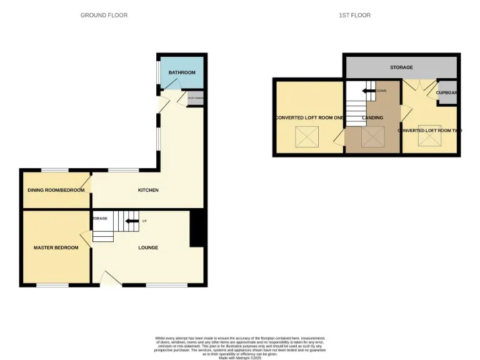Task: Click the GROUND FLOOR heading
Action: pos(104,15)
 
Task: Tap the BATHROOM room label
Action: pos(182,72)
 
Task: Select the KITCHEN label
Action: pos(149,190)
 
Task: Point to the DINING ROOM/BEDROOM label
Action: pos(56,190)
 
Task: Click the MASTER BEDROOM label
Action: pos(56,247)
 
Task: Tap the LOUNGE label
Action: pos(148,247)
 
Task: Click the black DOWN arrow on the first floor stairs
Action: pos(369,91)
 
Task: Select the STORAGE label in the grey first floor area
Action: pos(401,66)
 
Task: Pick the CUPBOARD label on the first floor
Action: pos(447,92)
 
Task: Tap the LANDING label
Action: pos(372,117)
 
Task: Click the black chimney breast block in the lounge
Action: pos(197,229)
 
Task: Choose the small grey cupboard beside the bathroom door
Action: pos(195,98)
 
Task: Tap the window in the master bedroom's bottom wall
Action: pos(52,286)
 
